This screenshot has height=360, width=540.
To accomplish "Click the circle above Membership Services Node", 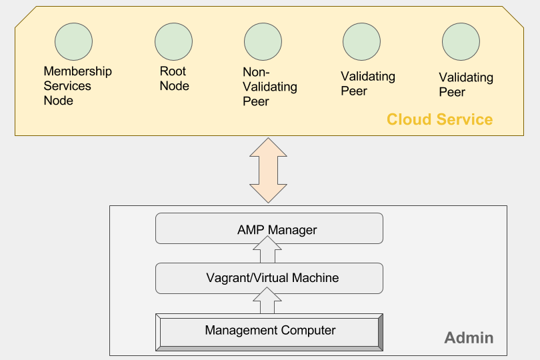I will tap(73, 41).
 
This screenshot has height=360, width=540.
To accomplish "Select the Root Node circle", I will tap(173, 41).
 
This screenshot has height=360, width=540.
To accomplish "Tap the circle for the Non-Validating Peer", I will tap(263, 41).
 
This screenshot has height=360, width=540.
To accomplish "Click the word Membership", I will tap(77, 71).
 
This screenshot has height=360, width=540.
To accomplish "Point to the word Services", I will tap(67, 86).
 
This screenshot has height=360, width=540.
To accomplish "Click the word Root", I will tap(173, 71).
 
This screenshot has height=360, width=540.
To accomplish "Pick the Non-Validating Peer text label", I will tap(269, 87).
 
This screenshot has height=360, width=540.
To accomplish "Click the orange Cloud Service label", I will tap(439, 120).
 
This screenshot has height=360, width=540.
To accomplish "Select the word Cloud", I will tap(409, 120).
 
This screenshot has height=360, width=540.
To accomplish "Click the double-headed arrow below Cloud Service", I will tap(269, 170).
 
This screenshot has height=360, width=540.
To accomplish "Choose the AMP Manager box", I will tap(269, 229).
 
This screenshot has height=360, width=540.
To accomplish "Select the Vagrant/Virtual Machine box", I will tap(269, 278).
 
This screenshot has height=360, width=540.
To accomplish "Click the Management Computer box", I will tap(269, 331).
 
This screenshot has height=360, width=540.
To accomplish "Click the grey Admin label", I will tap(469, 338).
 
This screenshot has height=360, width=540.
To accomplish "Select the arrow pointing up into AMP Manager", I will tap(269, 253).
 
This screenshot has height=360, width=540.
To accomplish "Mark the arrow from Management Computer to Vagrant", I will tap(269, 301).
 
